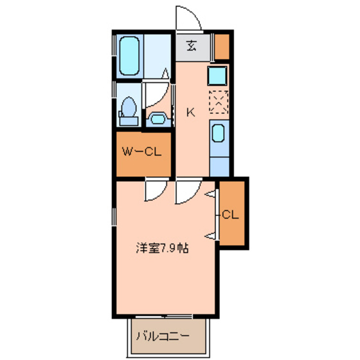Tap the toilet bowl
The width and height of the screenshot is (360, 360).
tap(128, 109)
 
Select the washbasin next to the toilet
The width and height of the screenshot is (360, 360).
tap(157, 118)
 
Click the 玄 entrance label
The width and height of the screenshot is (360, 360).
tap(192, 46)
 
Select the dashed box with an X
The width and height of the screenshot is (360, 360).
tap(219, 102)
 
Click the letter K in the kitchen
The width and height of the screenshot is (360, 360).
tap(190, 112)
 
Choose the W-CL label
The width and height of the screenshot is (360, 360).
tap(141, 152)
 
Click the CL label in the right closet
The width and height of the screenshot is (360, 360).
tap(230, 215)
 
